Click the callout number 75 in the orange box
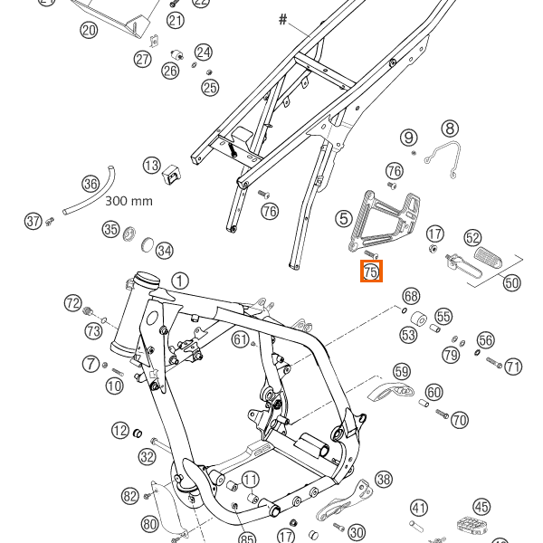coord(371,271)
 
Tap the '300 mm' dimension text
coord(129,201)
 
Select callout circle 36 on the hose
coord(90,184)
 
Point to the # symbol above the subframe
coord(282,19)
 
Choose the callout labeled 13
coord(151,166)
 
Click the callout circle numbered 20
coord(89,31)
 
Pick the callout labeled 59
coord(402,370)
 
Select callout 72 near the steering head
coord(73,301)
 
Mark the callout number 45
coord(481,508)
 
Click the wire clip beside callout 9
coord(445,156)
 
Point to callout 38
coord(384,479)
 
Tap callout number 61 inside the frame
coord(240,339)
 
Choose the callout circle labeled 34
coord(164,250)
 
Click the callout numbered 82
coord(129,495)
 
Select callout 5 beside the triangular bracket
coord(343,218)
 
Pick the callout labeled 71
coord(514,367)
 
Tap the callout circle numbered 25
coord(210,87)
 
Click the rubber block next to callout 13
coord(171,171)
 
